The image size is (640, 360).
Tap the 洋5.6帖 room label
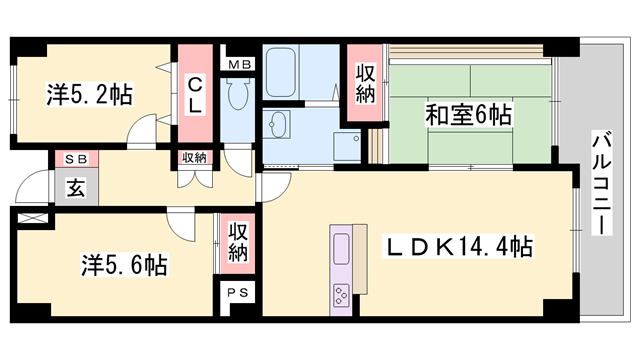[x=123, y=265]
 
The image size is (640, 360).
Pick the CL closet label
[x=196, y=94]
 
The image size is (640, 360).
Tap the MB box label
[x=240, y=65]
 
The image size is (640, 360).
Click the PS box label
[x=238, y=293]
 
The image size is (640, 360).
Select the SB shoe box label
[x=75, y=159]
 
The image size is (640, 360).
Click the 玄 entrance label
[x=75, y=185]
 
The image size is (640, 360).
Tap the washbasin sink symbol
[x=276, y=125]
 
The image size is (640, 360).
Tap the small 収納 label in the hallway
[x=194, y=157]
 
